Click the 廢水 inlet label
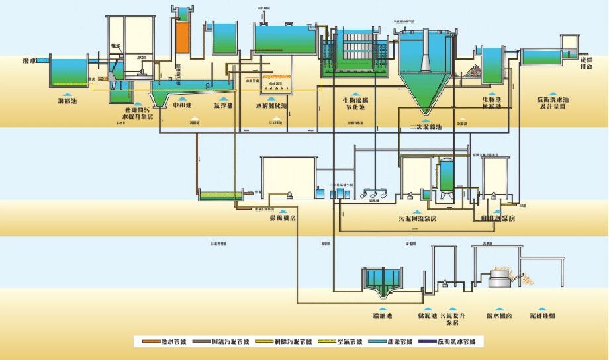(x=29, y=60)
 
